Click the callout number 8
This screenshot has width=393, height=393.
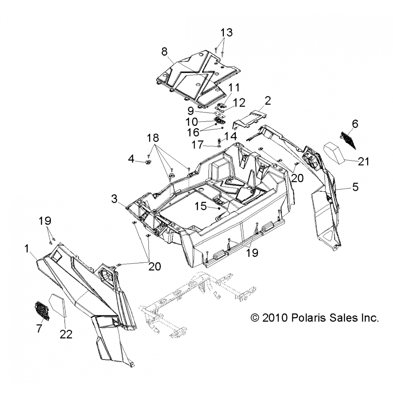click(164, 52)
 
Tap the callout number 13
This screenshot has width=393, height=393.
click(226, 33)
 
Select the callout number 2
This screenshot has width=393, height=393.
click(268, 101)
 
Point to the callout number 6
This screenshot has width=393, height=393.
click(355, 124)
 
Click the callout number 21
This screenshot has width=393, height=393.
click(364, 162)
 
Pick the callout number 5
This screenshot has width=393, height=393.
click(355, 187)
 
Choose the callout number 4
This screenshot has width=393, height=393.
click(131, 159)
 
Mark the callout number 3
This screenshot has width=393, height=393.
click(114, 199)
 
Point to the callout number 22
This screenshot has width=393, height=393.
click(66, 335)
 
